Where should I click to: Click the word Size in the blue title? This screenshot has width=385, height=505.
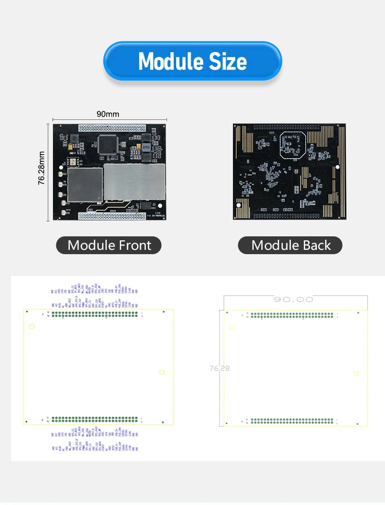pos(228,62)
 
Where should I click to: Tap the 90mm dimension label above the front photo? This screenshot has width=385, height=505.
pos(108,114)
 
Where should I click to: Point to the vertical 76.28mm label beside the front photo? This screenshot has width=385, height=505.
pos(42,168)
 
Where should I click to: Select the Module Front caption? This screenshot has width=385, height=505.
pos(109,245)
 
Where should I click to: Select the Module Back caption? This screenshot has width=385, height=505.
pos(291,245)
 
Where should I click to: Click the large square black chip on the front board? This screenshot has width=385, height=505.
pos(108,144)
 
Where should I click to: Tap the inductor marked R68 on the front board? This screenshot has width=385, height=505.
pos(146,147)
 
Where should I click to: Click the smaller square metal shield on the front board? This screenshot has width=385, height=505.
pos(85,185)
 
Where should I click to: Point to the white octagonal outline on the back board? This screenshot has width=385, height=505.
pos(293,144)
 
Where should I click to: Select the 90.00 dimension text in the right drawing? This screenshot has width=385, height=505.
pos(293,299)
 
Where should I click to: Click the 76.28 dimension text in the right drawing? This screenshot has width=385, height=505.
pos(219,368)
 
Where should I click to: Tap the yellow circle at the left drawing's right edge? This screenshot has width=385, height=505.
pos(162,372)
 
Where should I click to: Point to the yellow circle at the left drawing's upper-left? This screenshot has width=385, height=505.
pos(32,327)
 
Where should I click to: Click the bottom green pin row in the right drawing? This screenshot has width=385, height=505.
pos(292,421)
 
